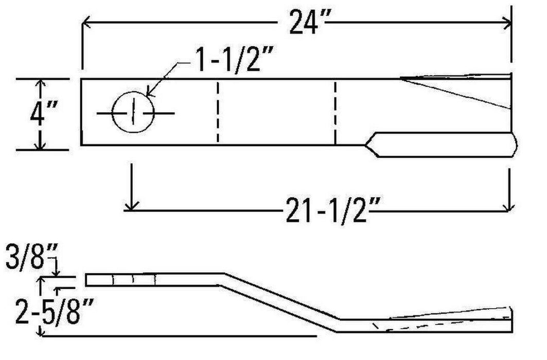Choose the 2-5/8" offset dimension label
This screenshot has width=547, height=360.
[46, 308]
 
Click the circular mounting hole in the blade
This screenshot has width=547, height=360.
[133, 112]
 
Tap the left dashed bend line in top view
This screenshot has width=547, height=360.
[218, 112]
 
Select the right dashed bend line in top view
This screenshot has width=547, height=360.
[335, 112]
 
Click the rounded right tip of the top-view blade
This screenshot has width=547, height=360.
[515, 145]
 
